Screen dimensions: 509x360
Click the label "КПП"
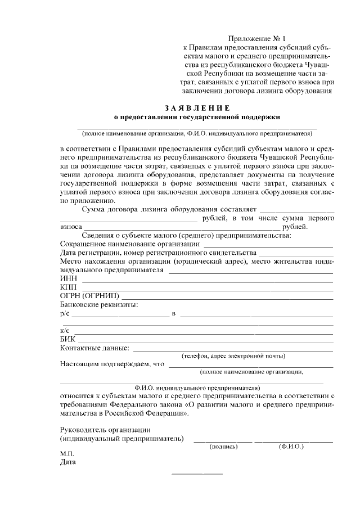pyautogui.click(x=68, y=287)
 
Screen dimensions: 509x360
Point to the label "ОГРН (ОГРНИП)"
pyautogui.click(x=89, y=296)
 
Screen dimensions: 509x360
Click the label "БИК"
pyautogui.click(x=67, y=339)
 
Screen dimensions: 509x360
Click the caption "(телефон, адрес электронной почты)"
pyautogui.click(x=233, y=356)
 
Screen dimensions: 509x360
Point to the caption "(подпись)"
pyautogui.click(x=223, y=446)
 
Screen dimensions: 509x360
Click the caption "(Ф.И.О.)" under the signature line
pyautogui.click(x=291, y=446)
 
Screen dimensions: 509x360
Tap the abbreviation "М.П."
pyautogui.click(x=67, y=454)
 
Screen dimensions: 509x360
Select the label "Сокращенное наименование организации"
pyautogui.click(x=130, y=244)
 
